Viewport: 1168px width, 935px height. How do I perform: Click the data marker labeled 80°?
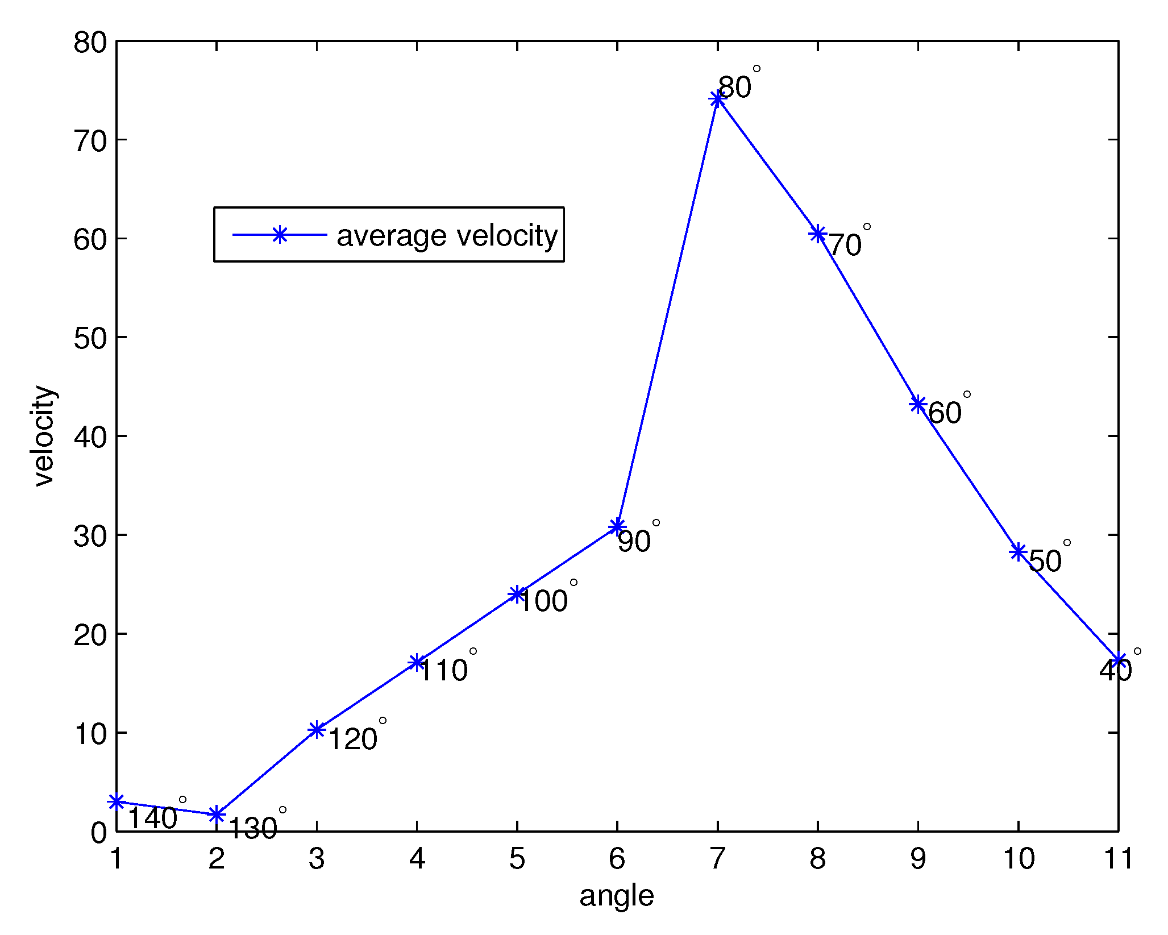pos(717,99)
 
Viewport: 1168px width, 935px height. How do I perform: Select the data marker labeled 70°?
pos(818,234)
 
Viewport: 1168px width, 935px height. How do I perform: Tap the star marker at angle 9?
pos(918,405)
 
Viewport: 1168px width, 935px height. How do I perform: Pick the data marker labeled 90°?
pos(617,527)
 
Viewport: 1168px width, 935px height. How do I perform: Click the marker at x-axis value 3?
pos(317,730)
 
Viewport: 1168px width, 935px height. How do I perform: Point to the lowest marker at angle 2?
pos(217,815)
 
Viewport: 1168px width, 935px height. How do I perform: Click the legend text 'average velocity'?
pos(447,235)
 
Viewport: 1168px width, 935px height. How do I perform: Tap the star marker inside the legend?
pos(279,235)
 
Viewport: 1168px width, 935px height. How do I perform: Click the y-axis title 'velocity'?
pos(44,436)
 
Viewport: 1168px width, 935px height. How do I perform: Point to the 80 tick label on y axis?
pos(90,43)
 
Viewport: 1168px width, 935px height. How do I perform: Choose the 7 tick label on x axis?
pos(717,858)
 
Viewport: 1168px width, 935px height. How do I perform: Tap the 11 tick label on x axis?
pos(1118,858)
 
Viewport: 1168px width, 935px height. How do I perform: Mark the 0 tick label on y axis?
pos(98,833)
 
